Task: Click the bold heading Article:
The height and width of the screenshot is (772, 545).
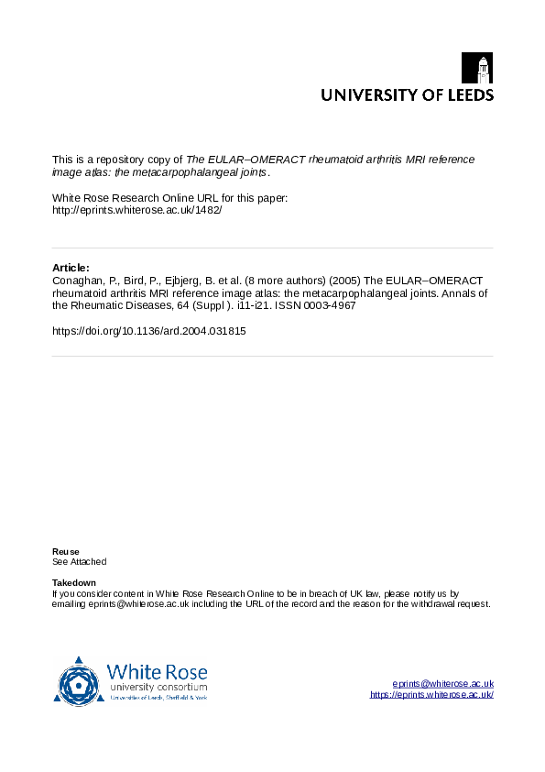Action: point(71,268)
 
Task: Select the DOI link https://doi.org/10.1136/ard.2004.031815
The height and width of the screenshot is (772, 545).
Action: point(148,331)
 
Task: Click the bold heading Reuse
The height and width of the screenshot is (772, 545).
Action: point(66,551)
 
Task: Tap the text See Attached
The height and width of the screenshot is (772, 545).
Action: point(80,561)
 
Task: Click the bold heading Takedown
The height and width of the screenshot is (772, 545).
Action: point(74,583)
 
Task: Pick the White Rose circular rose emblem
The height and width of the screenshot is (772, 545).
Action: point(79,681)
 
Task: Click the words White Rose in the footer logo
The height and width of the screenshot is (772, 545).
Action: point(158,672)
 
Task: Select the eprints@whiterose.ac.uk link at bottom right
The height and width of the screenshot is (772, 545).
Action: point(442,684)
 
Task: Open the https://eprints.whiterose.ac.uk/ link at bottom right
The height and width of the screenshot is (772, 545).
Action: point(431,695)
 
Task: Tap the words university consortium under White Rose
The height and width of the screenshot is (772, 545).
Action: point(158,688)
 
